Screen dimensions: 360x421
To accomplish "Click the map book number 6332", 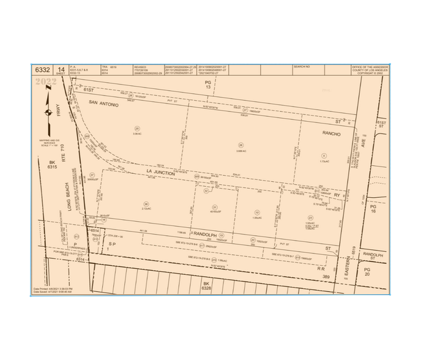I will coord(43,70).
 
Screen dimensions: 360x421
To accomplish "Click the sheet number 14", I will coord(61,70).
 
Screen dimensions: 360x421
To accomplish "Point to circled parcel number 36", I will coord(146,204).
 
